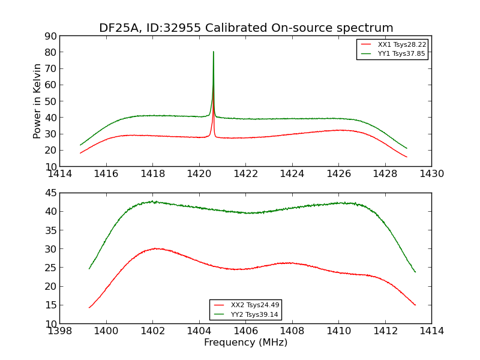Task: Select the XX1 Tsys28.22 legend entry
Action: (401, 44)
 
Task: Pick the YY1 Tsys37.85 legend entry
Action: (401, 53)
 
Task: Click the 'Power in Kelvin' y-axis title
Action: (37, 101)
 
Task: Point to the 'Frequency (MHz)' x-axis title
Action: (245, 343)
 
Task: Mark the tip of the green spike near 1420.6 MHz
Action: (213, 52)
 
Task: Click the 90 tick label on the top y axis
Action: (50, 36)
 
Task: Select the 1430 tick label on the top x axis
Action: (431, 174)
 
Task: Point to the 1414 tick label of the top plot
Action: (60, 174)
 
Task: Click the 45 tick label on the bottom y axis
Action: (50, 193)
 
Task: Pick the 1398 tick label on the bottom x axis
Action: (60, 331)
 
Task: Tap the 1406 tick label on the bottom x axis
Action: (245, 331)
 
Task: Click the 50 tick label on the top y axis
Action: (50, 101)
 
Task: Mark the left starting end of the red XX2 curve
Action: (89, 308)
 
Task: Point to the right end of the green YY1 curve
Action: (407, 148)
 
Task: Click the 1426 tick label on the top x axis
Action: (338, 174)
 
